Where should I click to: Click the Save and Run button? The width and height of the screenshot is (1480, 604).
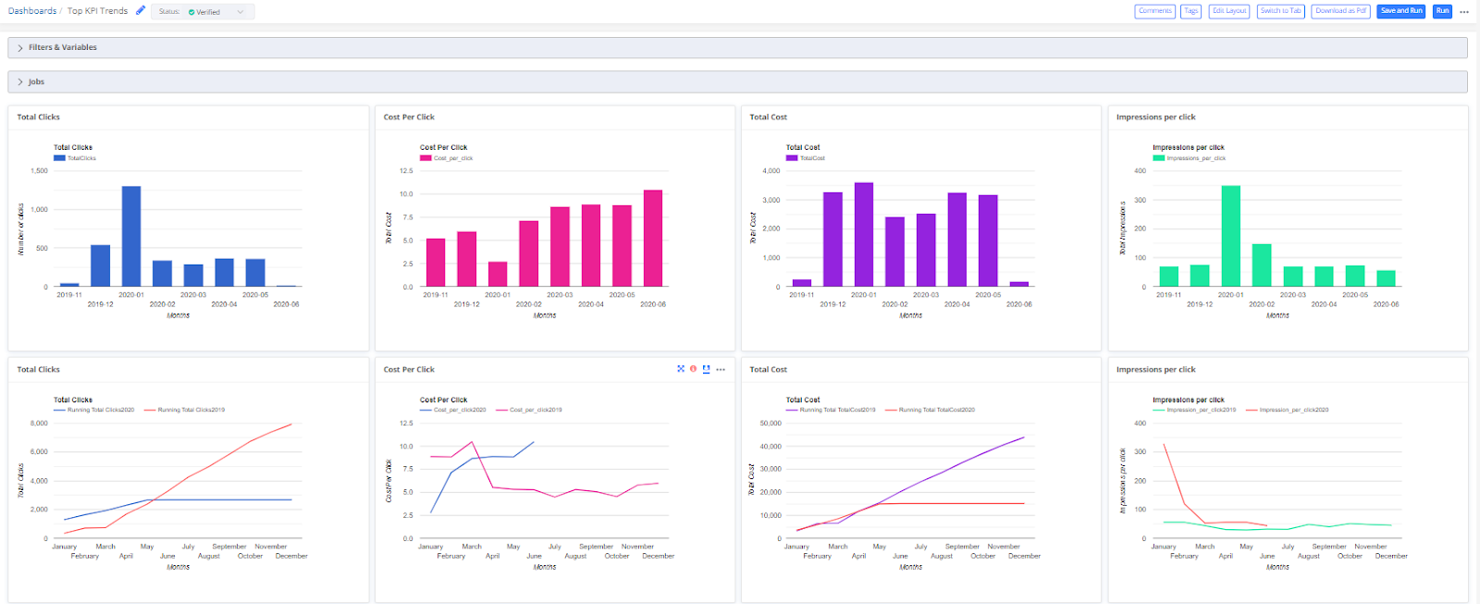tap(1401, 11)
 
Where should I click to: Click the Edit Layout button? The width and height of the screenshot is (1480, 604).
tap(1229, 11)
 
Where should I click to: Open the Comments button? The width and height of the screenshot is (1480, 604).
tap(1154, 11)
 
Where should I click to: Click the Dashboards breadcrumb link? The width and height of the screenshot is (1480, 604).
tap(32, 11)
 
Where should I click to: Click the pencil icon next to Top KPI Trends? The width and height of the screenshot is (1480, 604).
tap(141, 10)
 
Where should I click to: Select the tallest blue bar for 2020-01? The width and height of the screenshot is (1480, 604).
tap(131, 236)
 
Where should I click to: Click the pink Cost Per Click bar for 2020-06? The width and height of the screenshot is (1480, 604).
tap(653, 238)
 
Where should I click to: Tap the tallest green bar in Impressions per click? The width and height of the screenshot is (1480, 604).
tap(1230, 236)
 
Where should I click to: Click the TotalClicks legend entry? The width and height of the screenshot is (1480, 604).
tap(80, 158)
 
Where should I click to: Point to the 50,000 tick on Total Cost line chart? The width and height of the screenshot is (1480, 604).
tap(771, 423)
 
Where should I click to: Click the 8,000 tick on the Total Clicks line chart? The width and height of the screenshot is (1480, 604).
tap(39, 423)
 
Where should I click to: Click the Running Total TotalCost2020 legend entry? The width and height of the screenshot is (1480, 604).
tap(936, 410)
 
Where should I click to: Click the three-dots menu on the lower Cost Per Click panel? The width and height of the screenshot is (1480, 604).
tap(721, 369)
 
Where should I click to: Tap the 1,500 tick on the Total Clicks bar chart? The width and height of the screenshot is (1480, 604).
tap(39, 171)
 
